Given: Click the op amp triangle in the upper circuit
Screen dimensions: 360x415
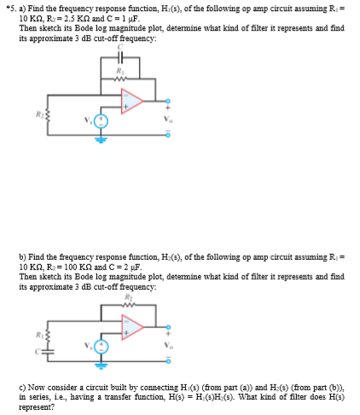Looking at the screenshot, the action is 133,101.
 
